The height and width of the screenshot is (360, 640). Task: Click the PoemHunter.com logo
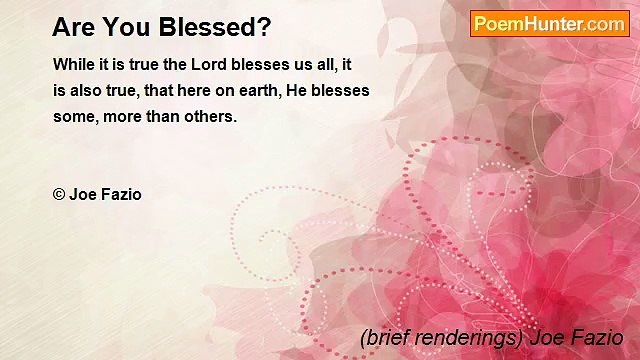tap(549, 24)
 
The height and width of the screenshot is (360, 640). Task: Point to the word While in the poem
tap(73, 64)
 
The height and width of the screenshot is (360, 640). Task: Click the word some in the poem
tap(72, 116)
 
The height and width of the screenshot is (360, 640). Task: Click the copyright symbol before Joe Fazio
tap(59, 195)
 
